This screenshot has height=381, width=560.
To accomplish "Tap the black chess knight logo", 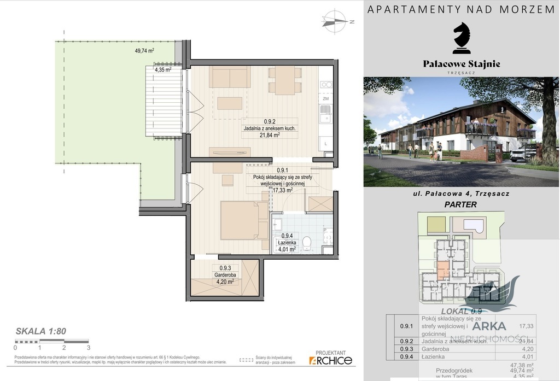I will click(462, 38).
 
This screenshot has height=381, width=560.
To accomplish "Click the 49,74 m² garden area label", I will click(144, 51).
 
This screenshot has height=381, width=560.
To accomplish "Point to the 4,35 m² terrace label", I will click(163, 70).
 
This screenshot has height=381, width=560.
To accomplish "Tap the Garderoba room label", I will click(223, 276).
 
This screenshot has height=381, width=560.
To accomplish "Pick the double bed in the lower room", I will click(244, 219).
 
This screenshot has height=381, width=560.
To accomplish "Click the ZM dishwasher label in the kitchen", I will click(325, 99).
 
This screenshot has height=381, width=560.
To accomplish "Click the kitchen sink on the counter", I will click(326, 115).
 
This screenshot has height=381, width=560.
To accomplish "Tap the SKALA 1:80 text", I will click(41, 331).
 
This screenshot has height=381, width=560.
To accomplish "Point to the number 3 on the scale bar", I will click(88, 347).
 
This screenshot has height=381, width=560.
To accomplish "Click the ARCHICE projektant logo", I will click(330, 360).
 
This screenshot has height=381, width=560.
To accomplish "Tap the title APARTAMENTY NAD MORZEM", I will click(462, 9).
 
